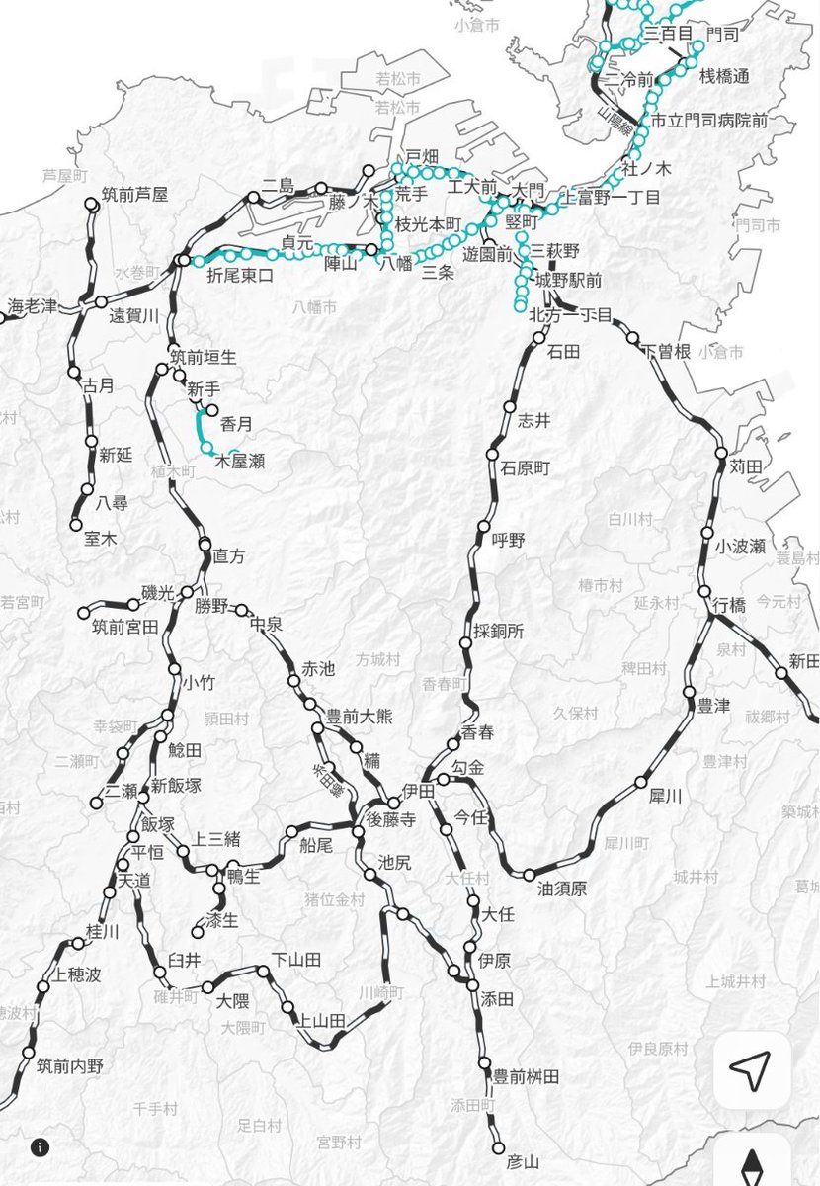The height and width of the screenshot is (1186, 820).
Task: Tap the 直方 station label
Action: click(229, 556)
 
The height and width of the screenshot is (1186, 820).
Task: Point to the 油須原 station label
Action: click(562, 889)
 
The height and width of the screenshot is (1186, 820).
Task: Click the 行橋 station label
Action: click(731, 605)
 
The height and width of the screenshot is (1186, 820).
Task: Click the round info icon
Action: click(40, 1147)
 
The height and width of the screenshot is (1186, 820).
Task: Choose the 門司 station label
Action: click(731, 33)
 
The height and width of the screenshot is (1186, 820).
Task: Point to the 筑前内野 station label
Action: click(70, 1066)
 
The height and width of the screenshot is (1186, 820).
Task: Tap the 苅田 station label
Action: click(749, 466)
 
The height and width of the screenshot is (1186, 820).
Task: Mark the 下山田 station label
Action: click(297, 959)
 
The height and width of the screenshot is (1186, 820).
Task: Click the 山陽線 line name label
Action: click(618, 130)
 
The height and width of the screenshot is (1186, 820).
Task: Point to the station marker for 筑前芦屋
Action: click(92, 204)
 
